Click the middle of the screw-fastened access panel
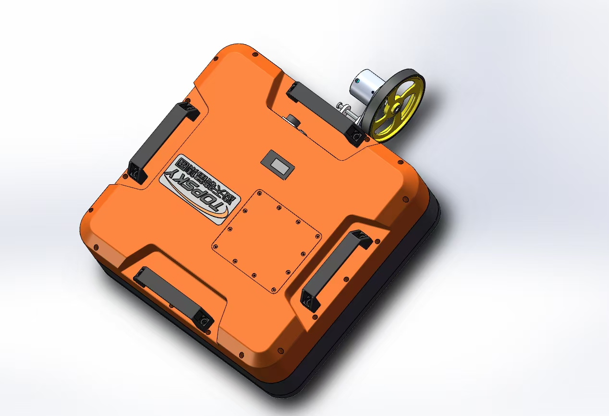coord(267,240)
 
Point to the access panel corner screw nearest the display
coord(260,193)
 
